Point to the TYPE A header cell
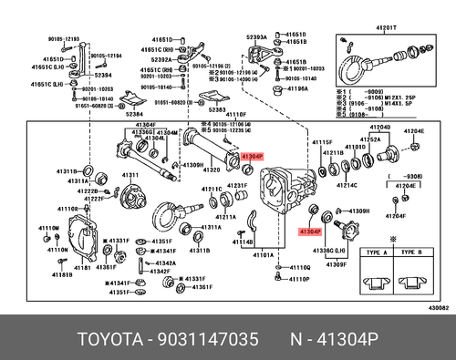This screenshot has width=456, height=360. (x=378, y=252)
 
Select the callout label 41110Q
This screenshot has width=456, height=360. (x=300, y=268)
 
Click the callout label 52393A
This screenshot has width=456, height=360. (x=258, y=36)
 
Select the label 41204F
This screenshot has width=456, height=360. (x=394, y=216)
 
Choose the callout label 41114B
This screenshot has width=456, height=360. (x=243, y=241)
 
